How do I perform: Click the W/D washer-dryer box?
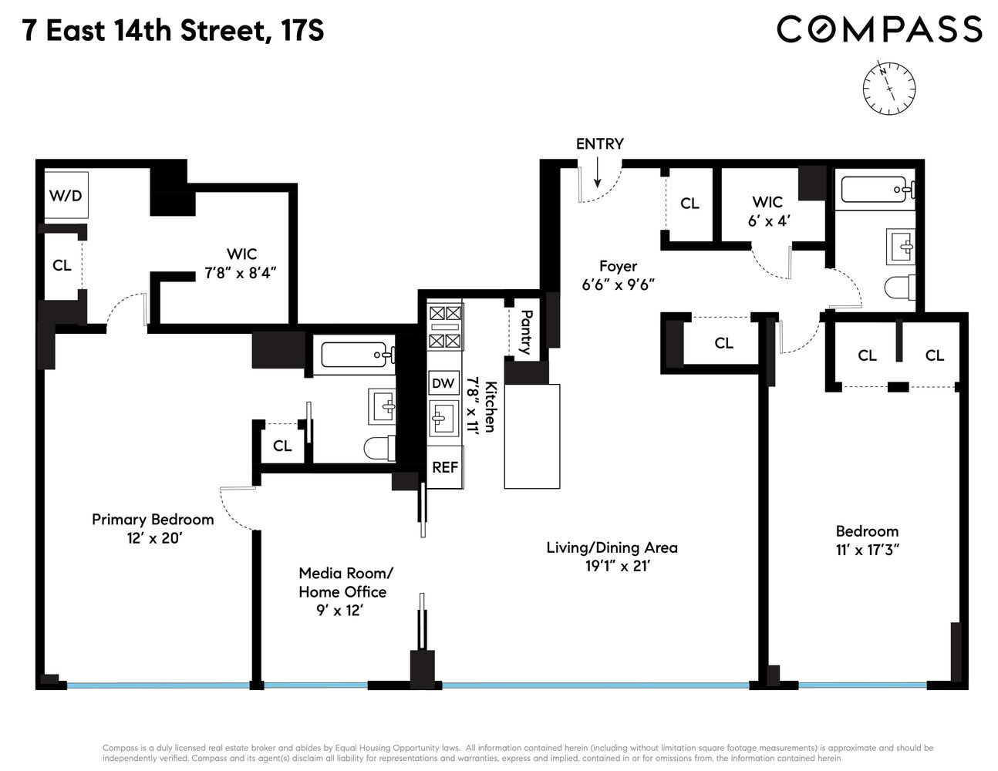(66, 196)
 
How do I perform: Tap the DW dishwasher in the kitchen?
(443, 382)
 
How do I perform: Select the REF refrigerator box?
(444, 467)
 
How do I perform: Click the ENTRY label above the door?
(600, 143)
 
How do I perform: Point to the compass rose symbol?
(888, 88)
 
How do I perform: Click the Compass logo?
(879, 29)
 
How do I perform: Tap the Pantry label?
(526, 332)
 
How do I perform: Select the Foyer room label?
(619, 266)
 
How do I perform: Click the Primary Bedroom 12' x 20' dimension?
(155, 538)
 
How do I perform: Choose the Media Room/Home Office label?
(344, 582)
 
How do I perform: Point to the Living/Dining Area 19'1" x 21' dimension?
(618, 566)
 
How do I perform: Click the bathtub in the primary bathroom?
(358, 355)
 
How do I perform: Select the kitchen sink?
(444, 418)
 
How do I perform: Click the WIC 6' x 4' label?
(768, 211)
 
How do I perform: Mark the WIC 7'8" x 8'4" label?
(241, 264)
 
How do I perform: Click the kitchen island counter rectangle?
(532, 436)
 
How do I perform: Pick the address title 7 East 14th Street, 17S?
(173, 31)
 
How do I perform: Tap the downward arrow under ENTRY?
(597, 173)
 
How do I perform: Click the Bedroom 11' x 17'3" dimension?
(868, 549)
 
